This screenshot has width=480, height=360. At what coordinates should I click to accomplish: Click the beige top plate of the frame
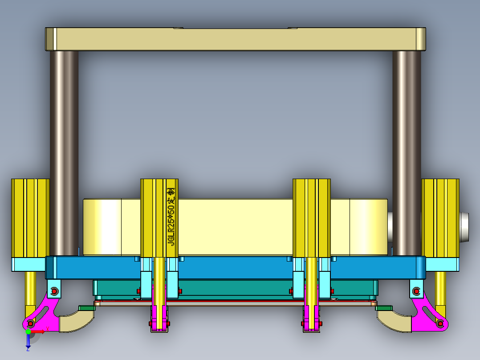coord(236,39)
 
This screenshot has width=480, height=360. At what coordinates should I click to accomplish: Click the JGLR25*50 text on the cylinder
coord(171,217)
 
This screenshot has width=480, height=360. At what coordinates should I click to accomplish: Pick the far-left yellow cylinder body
coord(30,218)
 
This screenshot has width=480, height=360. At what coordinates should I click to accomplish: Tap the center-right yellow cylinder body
coord(311,218)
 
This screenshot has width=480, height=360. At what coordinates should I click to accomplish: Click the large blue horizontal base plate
coord(236,268)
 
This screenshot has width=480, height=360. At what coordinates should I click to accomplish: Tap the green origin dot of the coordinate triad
coord(28,331)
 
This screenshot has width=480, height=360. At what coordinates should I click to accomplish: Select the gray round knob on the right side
coord(464,227)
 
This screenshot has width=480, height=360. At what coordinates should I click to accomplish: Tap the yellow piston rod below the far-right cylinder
coord(440,290)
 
